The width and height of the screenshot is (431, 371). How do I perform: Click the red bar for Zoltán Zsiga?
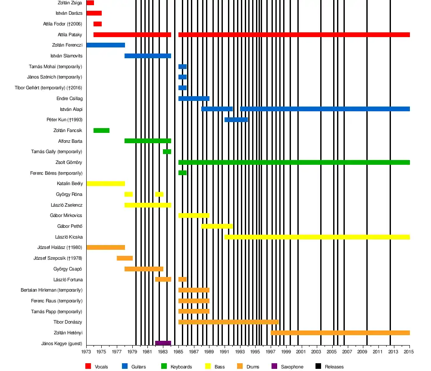point(90,3)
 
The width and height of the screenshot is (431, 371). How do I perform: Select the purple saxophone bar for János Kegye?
point(163,343)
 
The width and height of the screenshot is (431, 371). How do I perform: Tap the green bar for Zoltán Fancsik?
point(101,130)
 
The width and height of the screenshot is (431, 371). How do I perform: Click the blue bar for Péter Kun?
point(236,119)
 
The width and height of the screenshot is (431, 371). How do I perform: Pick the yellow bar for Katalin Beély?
point(106,183)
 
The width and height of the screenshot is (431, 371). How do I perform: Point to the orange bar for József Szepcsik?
point(125,258)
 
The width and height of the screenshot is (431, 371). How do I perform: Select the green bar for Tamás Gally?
point(167,151)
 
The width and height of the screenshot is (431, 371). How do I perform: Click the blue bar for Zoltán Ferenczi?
point(106,45)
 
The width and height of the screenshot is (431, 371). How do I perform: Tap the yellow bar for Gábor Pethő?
point(217,226)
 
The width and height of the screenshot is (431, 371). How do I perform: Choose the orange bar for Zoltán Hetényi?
point(340,333)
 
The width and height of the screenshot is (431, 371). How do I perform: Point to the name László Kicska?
point(69,237)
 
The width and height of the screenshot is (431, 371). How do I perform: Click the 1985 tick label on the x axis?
point(178,352)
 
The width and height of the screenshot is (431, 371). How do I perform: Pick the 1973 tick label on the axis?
point(86,352)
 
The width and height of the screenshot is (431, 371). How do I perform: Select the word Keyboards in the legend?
point(181,367)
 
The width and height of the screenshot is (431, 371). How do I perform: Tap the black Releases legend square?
point(318,366)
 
